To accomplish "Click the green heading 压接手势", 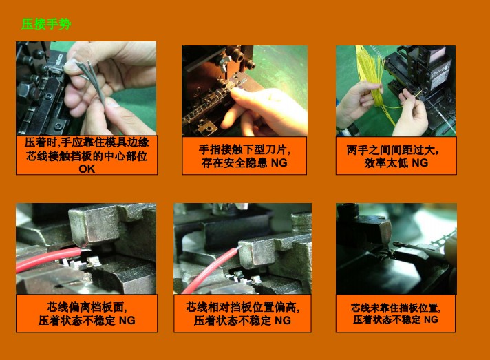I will coord(45,25).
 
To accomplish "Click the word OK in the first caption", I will coord(87,169).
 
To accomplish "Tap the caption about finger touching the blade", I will coord(244,156).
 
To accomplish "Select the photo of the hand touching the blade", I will coord(244,90).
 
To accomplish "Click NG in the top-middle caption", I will coord(279,163).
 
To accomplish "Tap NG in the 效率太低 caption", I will coord(420,163).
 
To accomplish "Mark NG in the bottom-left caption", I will coord(127,321).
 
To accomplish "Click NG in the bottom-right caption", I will coord(431,320).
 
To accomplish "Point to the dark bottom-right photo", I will coord(396,248).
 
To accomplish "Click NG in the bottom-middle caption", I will coord(283,321).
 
